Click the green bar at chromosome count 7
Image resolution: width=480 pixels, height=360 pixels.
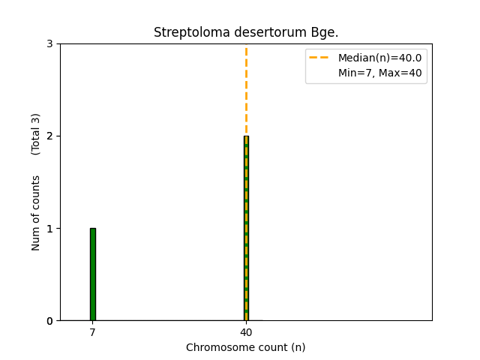(93, 274)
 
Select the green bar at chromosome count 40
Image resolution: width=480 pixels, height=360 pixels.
(246, 228)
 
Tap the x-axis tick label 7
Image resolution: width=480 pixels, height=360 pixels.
(93, 332)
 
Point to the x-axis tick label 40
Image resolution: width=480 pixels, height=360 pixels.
(246, 332)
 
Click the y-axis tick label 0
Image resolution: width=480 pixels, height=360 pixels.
(49, 321)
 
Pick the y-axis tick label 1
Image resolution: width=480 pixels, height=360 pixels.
(49, 229)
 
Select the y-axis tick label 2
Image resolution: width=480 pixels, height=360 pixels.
(49, 136)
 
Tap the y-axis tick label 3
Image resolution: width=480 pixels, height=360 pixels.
(49, 44)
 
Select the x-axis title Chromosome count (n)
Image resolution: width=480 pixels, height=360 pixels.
(246, 347)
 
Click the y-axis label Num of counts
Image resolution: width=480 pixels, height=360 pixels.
(36, 213)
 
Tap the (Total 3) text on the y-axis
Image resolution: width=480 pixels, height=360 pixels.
(36, 134)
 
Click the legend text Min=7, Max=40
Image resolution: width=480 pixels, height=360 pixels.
(378, 72)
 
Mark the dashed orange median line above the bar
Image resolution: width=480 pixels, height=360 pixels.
(246, 90)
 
